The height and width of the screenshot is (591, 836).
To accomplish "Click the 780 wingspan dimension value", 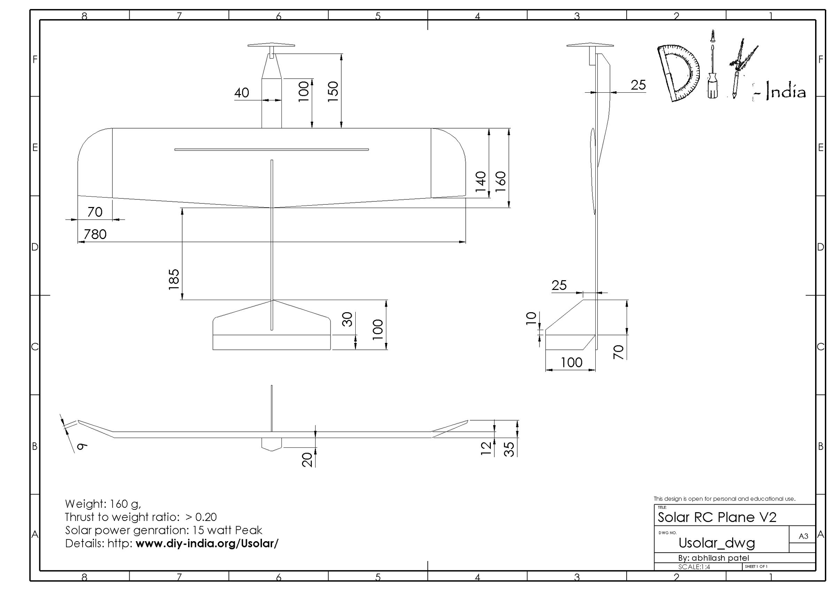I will point(95,234).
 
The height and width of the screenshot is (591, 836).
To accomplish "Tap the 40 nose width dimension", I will point(241,93).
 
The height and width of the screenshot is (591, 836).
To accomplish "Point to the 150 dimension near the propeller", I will point(333,91).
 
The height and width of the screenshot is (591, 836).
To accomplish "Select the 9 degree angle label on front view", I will point(82,445).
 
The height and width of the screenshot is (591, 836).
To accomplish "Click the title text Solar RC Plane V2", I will point(717,517).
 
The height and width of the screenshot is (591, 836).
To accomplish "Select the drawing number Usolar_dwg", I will point(717,543).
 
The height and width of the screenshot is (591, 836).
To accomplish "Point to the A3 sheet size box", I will point(803,536).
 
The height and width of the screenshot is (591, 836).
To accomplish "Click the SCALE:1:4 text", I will point(694,567).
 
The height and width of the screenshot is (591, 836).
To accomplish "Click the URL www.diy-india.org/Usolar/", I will point(207,543).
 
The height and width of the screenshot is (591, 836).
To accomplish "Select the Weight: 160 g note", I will point(103,504).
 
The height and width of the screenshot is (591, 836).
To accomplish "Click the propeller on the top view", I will point(271,46).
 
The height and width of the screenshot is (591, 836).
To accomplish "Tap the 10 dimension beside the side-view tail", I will point(532,318).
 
